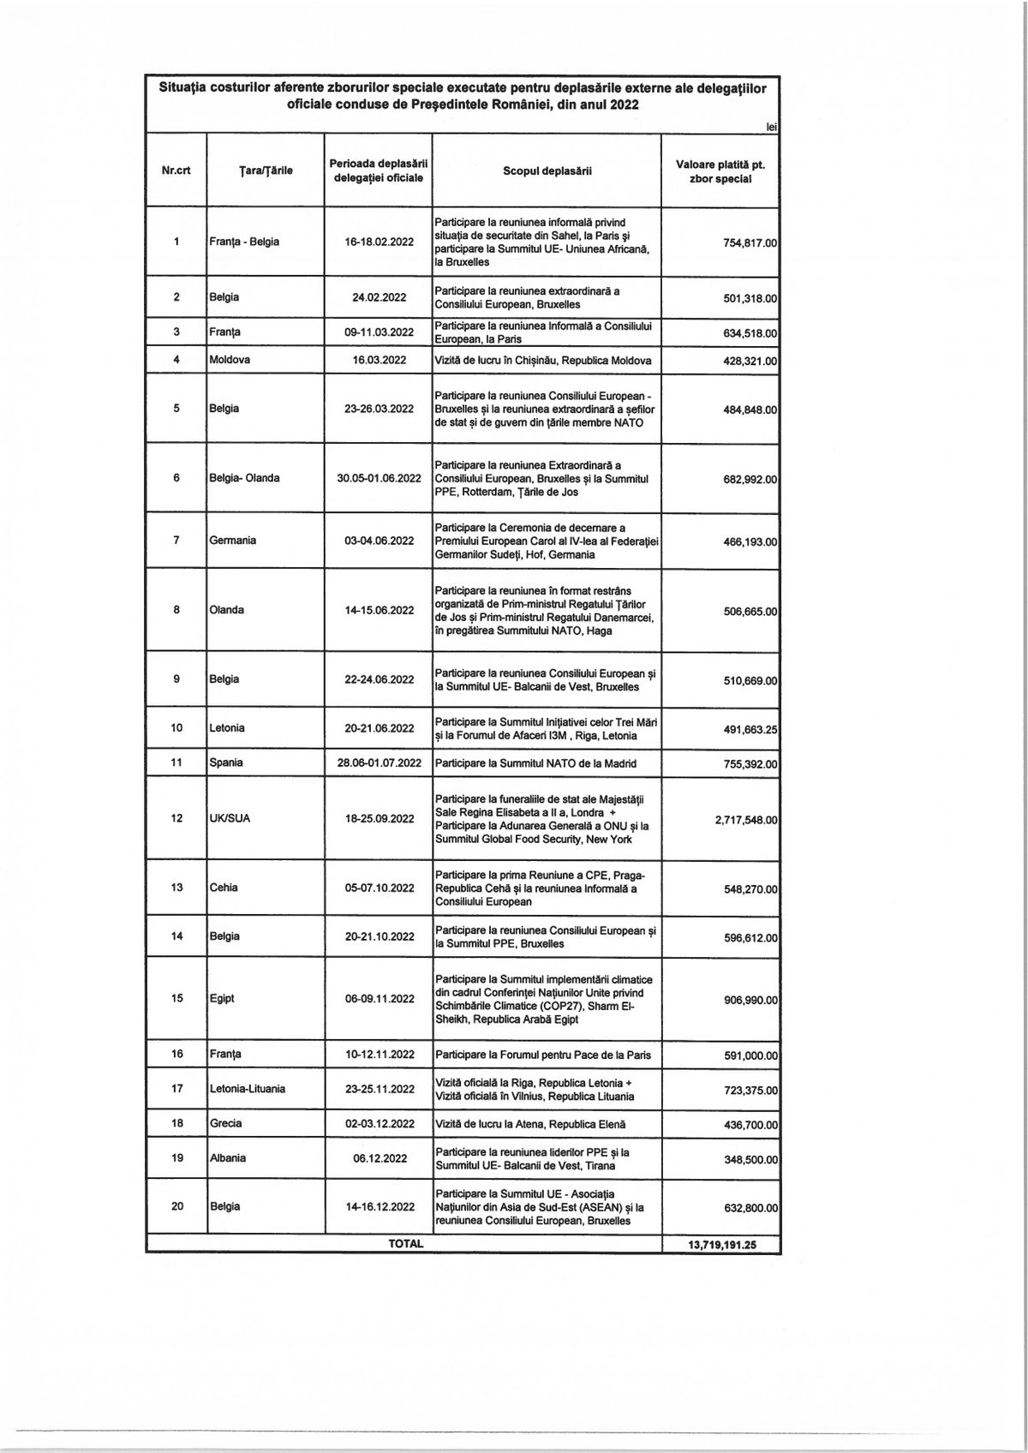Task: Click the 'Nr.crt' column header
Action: point(176,170)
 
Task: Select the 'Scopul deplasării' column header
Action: point(547,170)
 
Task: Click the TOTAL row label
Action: point(406,1244)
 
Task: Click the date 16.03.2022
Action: point(379,361)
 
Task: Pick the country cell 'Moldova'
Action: point(230,361)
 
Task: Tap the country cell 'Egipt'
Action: point(222,999)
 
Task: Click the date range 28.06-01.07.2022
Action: point(379,763)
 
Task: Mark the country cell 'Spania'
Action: point(226,762)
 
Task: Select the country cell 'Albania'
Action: point(227,1158)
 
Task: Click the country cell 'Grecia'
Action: point(225,1123)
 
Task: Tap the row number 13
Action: point(176,888)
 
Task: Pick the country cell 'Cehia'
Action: point(224,888)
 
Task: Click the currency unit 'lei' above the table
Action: point(772,127)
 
